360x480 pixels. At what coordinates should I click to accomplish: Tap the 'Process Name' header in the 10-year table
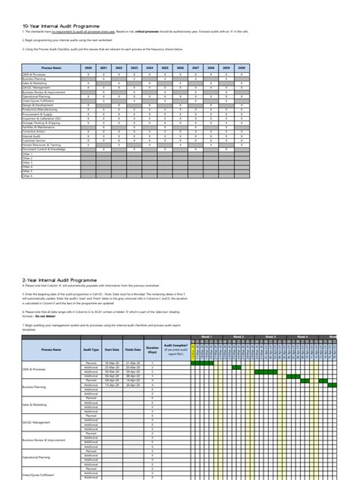click(x=51, y=68)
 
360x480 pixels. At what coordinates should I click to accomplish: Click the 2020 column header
click(x=87, y=68)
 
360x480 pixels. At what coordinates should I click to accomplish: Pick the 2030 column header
click(x=242, y=68)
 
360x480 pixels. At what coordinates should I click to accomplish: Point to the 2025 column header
click(x=165, y=68)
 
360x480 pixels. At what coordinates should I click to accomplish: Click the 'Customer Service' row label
click(x=34, y=141)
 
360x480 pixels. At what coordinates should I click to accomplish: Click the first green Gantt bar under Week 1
click(x=203, y=363)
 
